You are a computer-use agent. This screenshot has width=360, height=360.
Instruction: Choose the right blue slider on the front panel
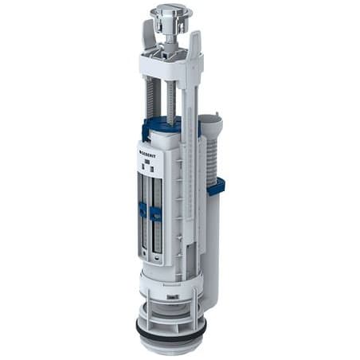(155, 213)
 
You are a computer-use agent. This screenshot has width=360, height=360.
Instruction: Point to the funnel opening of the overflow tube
(210, 122)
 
